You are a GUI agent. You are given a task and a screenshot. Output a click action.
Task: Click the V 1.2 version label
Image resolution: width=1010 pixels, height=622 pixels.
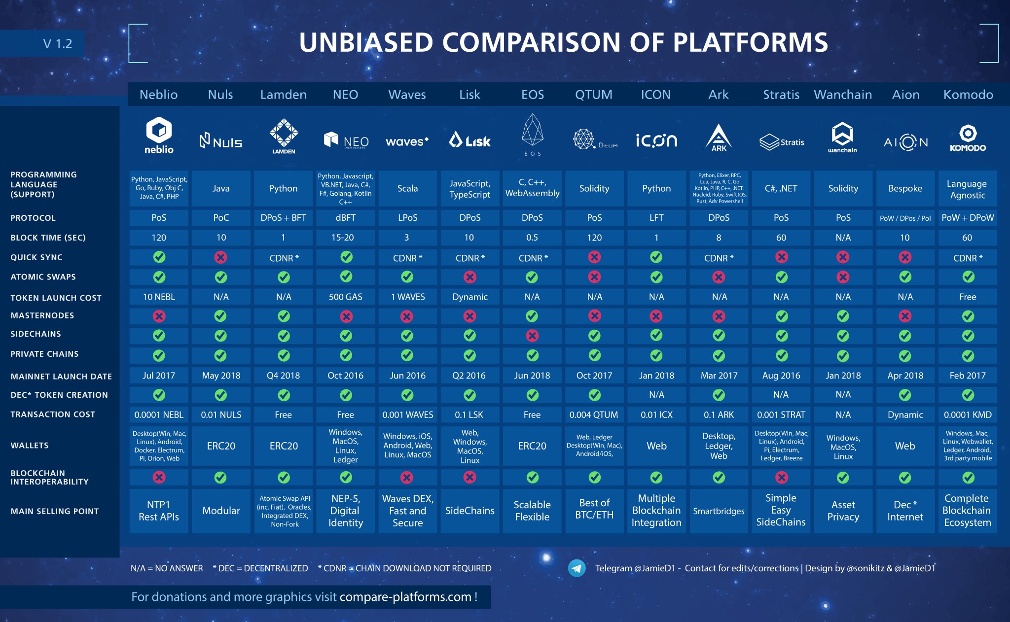click(x=57, y=44)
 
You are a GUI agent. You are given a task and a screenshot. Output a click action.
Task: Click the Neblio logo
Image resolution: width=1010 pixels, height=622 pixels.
click(x=159, y=136)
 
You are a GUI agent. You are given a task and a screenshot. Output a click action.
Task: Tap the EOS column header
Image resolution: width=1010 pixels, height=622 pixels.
click(x=532, y=95)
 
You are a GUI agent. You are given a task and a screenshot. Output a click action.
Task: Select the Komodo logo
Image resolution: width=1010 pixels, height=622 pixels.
click(x=968, y=138)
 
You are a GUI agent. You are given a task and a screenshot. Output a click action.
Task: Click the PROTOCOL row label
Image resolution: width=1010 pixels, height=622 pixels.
click(x=33, y=218)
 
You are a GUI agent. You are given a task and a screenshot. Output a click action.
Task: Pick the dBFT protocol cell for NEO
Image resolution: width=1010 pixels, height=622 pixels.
click(x=345, y=218)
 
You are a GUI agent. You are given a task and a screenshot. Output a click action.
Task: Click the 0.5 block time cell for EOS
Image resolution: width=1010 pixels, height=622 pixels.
click(x=532, y=238)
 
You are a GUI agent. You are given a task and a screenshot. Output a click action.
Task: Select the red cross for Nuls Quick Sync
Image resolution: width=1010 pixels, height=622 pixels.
click(x=220, y=257)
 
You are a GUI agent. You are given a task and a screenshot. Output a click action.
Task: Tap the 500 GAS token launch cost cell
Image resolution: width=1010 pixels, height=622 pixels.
click(x=345, y=297)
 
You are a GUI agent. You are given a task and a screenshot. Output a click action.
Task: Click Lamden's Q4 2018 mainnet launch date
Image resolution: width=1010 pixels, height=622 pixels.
click(x=283, y=376)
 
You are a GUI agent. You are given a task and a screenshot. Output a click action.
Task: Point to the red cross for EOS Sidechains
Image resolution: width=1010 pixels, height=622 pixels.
click(x=532, y=336)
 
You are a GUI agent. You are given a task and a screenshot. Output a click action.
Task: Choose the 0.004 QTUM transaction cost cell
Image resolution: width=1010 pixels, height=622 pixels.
click(x=594, y=415)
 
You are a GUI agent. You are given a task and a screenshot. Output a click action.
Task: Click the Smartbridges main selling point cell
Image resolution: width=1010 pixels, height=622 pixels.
click(x=719, y=511)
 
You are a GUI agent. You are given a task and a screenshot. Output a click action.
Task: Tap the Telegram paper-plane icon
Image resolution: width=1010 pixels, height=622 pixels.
click(x=577, y=568)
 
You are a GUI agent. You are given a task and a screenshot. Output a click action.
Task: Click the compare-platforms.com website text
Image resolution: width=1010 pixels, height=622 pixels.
click(x=405, y=597)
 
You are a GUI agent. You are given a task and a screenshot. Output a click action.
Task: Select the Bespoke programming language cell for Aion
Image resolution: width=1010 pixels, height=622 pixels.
click(x=905, y=188)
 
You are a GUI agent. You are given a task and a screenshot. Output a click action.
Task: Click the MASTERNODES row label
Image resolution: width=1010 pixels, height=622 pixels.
click(x=42, y=315)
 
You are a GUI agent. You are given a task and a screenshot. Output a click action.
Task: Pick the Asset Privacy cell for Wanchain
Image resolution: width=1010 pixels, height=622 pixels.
click(x=843, y=511)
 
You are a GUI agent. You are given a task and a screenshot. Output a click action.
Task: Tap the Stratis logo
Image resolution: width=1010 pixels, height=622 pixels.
click(x=781, y=142)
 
